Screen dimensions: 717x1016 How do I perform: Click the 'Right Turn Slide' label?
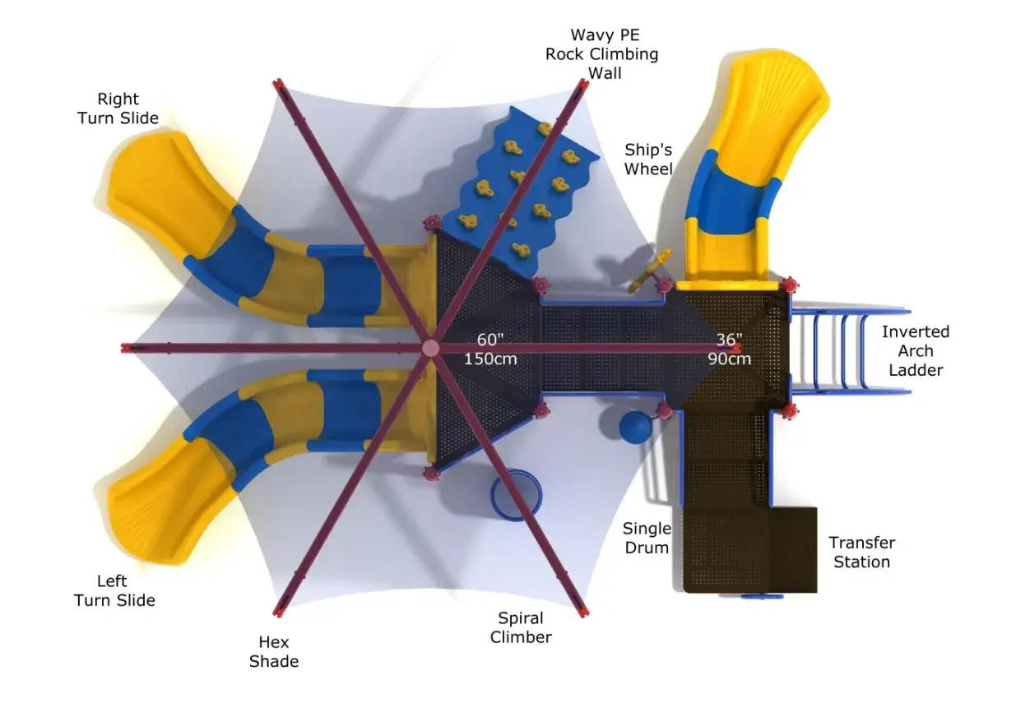[x=118, y=109]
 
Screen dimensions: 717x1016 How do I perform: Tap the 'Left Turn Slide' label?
[x=114, y=590]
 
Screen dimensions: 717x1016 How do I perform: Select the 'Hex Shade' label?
[x=274, y=651]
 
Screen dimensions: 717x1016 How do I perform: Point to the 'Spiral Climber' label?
[x=521, y=627]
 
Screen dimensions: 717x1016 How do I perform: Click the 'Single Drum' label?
[x=647, y=538]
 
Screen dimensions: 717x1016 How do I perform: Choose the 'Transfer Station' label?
[x=861, y=552]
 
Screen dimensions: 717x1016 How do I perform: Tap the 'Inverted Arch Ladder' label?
[x=915, y=351]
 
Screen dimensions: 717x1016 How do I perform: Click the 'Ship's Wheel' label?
[x=648, y=160]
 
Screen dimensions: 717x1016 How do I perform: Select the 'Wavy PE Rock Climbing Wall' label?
[x=601, y=54]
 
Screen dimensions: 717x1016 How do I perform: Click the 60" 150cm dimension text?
[x=490, y=349]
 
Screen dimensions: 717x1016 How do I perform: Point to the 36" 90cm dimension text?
[x=729, y=349]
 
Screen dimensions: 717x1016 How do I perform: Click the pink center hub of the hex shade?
[x=430, y=349]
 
